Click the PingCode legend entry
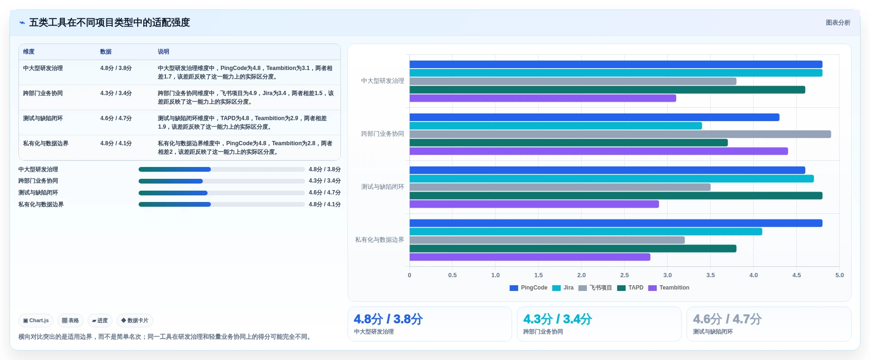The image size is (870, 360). pyautogui.click(x=528, y=288)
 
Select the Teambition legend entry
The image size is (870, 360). pyautogui.click(x=669, y=288)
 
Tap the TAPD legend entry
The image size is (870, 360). pyautogui.click(x=630, y=288)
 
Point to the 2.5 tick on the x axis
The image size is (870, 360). pyautogui.click(x=625, y=275)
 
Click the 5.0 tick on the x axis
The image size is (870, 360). pyautogui.click(x=839, y=275)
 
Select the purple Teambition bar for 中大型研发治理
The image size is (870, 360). pyautogui.click(x=543, y=98)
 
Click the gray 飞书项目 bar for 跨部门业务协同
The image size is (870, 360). pyautogui.click(x=620, y=134)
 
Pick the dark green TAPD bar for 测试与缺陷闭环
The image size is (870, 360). pyautogui.click(x=616, y=195)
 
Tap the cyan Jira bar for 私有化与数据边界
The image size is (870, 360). pyautogui.click(x=586, y=231)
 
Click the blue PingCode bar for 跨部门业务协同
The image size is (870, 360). pyautogui.click(x=594, y=117)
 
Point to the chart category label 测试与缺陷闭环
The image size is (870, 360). pyautogui.click(x=383, y=187)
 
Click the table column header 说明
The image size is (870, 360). pyautogui.click(x=164, y=52)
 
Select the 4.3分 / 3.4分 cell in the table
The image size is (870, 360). pyautogui.click(x=116, y=93)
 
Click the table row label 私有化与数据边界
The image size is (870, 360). pyautogui.click(x=46, y=143)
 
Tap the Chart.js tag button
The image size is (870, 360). pyautogui.click(x=36, y=320)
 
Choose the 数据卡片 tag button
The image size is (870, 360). pyautogui.click(x=135, y=320)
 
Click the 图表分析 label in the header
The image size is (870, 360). pyautogui.click(x=838, y=23)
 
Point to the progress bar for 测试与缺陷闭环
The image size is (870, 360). pyautogui.click(x=221, y=193)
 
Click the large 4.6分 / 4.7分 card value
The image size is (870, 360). pyautogui.click(x=727, y=319)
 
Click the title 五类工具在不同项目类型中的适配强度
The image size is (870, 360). pyautogui.click(x=110, y=23)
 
